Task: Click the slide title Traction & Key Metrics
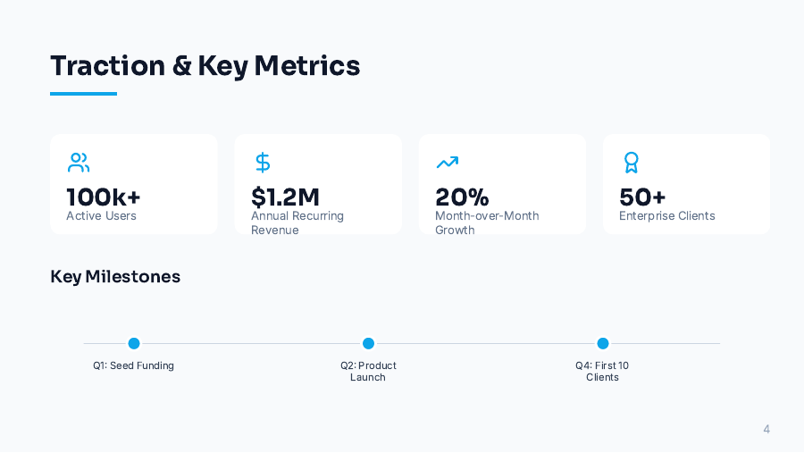[x=205, y=65]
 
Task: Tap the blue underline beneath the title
[x=83, y=94]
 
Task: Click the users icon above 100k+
[x=79, y=163]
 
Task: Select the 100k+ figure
[x=104, y=197]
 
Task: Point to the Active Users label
[x=101, y=216]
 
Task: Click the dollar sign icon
[x=263, y=163]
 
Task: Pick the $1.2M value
[x=285, y=197]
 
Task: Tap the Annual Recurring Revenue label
[x=297, y=222]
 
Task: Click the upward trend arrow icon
[x=447, y=163]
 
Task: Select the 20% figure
[x=462, y=197]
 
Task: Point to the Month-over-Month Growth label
[x=486, y=222]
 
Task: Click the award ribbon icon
[x=631, y=163]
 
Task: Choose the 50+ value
[x=642, y=197]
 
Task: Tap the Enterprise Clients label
[x=666, y=216]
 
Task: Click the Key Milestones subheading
[x=115, y=277]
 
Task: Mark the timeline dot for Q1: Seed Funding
[x=134, y=343]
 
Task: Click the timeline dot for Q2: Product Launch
[x=368, y=343]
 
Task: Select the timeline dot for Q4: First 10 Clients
[x=603, y=343]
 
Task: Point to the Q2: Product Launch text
[x=368, y=371]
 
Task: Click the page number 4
[x=766, y=430]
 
